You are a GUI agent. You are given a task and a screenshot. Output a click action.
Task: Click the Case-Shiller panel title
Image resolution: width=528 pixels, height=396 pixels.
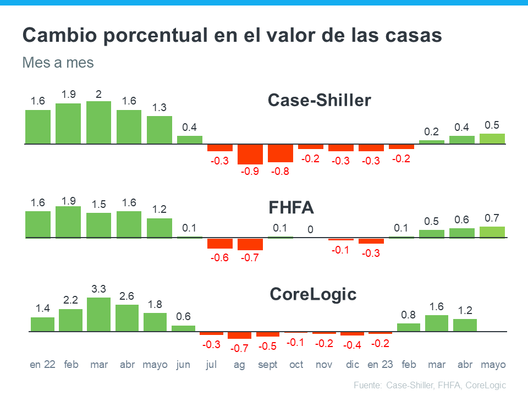click(319, 101)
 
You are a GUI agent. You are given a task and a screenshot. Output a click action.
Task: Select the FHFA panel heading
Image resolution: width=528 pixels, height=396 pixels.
click(291, 208)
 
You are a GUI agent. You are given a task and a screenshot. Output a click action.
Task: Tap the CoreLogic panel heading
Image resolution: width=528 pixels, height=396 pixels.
click(313, 294)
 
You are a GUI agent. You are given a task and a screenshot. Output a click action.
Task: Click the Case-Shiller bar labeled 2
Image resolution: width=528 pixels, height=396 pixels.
click(98, 123)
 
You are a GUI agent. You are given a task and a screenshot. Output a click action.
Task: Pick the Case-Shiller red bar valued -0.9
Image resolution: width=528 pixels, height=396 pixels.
click(250, 154)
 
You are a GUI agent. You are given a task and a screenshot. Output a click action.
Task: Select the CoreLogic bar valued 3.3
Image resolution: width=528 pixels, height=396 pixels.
click(99, 315)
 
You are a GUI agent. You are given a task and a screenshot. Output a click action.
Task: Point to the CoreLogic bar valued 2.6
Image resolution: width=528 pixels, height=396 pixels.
click(127, 318)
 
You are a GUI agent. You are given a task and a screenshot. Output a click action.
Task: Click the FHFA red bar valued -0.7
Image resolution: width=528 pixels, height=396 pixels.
click(250, 244)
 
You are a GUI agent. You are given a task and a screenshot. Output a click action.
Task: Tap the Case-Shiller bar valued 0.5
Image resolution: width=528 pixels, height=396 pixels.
click(492, 139)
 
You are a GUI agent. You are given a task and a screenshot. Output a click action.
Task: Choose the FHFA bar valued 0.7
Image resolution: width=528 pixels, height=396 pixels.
click(492, 232)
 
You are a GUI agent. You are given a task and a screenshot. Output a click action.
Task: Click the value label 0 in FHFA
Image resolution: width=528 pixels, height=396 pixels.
click(311, 229)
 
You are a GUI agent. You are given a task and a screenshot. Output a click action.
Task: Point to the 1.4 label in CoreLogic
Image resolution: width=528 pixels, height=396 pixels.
click(42, 309)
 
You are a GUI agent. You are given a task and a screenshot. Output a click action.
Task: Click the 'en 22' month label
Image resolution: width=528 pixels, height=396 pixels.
click(42, 365)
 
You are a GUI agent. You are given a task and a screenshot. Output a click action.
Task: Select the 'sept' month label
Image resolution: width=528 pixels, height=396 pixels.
click(267, 365)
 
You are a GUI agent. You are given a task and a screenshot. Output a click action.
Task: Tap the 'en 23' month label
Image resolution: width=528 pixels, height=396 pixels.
click(381, 365)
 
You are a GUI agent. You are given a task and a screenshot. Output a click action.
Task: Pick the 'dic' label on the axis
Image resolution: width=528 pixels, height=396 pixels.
click(353, 365)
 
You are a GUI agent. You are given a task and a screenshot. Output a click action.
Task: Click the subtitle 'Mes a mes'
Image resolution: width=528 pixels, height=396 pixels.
click(58, 63)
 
